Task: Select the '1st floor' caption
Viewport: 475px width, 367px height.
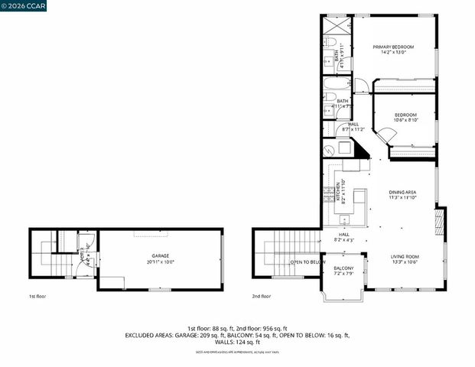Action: [37, 296]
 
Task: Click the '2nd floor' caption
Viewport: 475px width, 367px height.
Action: [262, 296]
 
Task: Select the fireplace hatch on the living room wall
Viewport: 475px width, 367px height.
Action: [438, 223]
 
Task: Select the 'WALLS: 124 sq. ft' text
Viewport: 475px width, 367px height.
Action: [237, 342]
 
